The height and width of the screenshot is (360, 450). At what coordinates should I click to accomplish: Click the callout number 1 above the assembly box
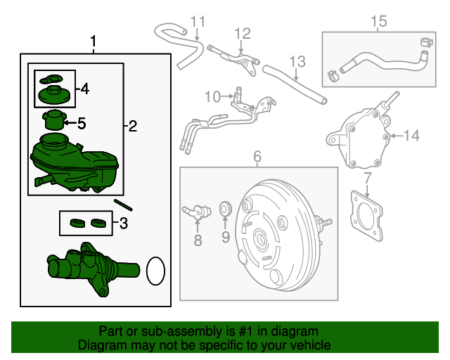point(94,43)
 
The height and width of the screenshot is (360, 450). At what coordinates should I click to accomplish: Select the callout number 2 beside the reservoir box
point(132,127)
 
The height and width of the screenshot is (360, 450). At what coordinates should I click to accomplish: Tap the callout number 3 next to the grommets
point(124,224)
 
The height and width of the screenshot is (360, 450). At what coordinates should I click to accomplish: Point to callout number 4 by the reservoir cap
point(85,89)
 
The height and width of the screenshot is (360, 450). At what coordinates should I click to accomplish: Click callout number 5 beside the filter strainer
point(82,124)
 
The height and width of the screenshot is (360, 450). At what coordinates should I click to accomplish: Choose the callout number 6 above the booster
point(257,155)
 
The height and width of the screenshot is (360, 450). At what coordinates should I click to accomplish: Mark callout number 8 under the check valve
point(198,240)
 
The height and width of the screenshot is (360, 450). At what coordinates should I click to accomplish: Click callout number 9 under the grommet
point(226,237)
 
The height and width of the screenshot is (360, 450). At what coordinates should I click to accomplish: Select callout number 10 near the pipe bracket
point(213,96)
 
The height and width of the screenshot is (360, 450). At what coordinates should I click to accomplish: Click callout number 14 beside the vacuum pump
point(411,135)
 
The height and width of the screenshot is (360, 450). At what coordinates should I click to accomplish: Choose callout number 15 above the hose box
point(378,22)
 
